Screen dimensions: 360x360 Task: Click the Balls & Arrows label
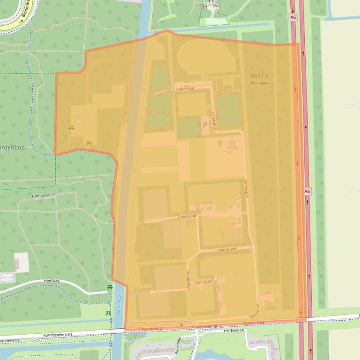click(x=259, y=79)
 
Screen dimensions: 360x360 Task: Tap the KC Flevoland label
click(x=159, y=112)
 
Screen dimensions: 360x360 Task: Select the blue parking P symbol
click(x=205, y=125)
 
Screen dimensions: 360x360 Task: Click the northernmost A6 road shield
click(x=293, y=17)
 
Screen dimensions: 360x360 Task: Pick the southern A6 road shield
click(x=307, y=191)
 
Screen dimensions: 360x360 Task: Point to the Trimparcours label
click(x=44, y=196)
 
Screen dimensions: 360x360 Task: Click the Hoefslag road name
click(x=53, y=281)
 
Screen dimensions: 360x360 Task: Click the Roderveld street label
click(x=177, y=346)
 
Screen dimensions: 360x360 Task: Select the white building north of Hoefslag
click(x=21, y=262)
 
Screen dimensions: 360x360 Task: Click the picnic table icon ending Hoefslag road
click(x=110, y=287)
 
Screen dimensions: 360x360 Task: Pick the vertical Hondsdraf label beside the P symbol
click(x=214, y=120)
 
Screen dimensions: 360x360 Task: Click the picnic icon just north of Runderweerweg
click(x=109, y=313)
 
